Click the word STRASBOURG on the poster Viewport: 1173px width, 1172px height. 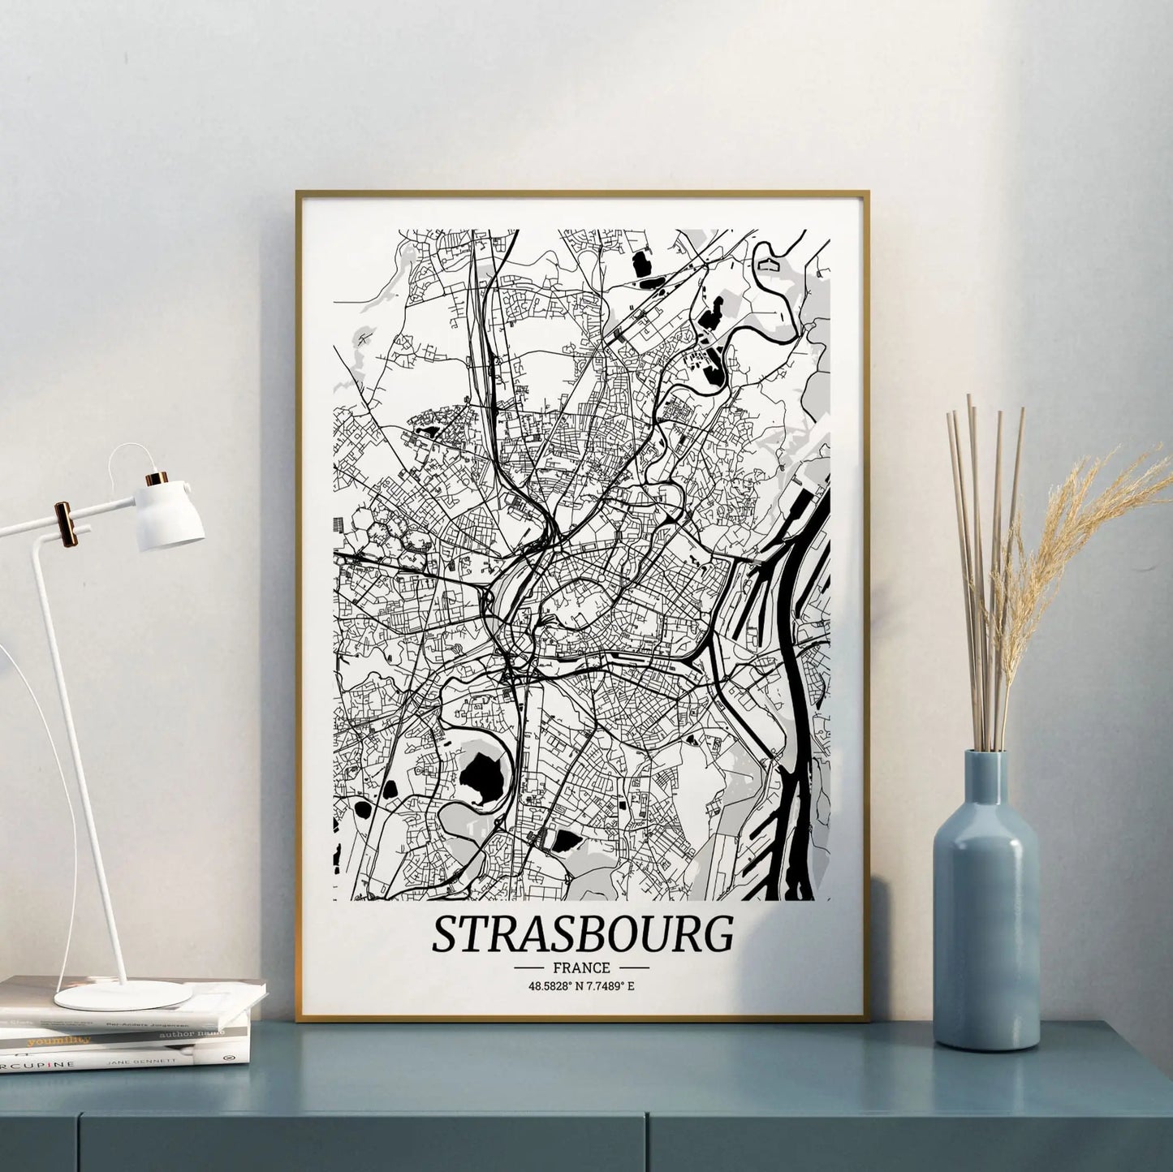[582, 934]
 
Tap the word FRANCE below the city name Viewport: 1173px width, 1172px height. [581, 967]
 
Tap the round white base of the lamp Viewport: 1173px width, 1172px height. [123, 994]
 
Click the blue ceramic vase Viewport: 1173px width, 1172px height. [985, 933]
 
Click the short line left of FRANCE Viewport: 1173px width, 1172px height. [528, 967]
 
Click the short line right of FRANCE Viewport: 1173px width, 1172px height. [634, 967]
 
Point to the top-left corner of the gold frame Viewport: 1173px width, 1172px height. [298, 193]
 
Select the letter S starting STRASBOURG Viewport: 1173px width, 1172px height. [446, 935]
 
